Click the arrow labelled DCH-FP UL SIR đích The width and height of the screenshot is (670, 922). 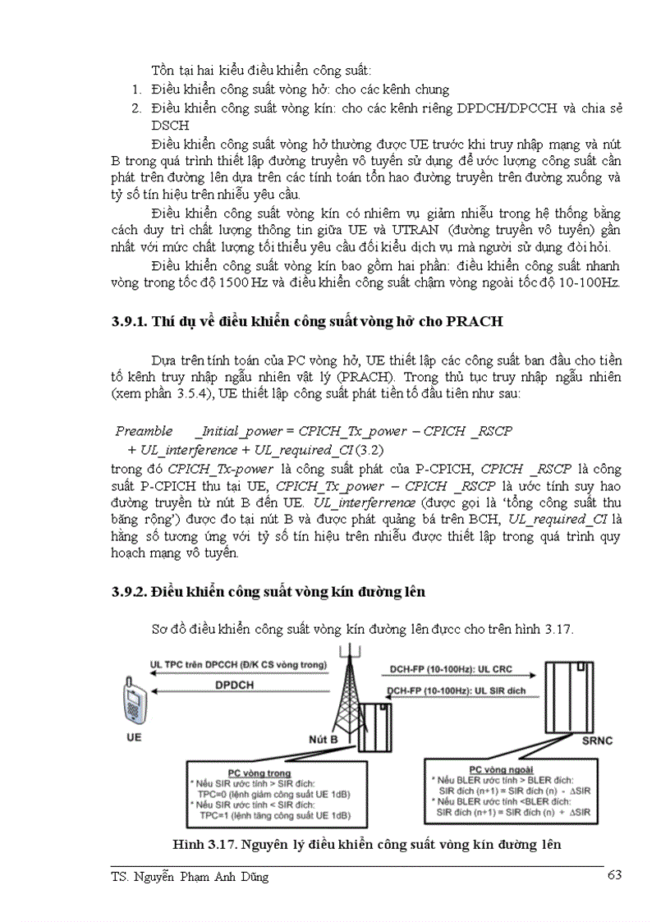click(x=456, y=691)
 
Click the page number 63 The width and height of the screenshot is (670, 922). click(x=613, y=875)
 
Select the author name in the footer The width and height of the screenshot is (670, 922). click(x=189, y=876)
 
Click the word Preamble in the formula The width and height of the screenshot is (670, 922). click(x=144, y=431)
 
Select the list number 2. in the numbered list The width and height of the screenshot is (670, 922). click(x=136, y=108)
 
